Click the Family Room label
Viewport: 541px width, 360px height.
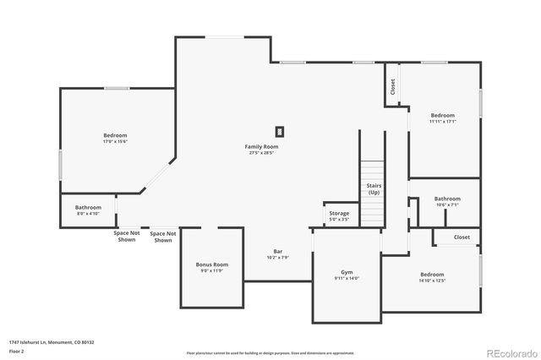click(x=261, y=146)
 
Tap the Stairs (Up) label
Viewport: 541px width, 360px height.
click(x=373, y=189)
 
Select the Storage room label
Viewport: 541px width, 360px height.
click(x=339, y=213)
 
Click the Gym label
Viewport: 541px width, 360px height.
click(x=347, y=271)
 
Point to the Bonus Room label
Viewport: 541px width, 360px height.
click(x=212, y=265)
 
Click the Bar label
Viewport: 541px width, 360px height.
click(x=277, y=251)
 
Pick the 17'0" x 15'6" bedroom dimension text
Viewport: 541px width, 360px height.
click(x=115, y=141)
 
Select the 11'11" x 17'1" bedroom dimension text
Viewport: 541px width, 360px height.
click(x=442, y=121)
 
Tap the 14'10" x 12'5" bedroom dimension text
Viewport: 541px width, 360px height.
click(x=432, y=281)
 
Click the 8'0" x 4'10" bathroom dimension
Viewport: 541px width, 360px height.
click(x=88, y=214)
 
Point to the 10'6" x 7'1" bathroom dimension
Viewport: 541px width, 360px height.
click(x=447, y=205)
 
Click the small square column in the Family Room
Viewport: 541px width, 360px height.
click(x=279, y=131)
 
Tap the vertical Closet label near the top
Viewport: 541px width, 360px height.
click(x=392, y=86)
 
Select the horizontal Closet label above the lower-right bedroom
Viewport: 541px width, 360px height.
click(x=462, y=237)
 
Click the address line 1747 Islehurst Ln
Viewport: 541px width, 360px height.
click(x=52, y=342)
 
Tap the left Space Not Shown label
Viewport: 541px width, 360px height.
click(x=126, y=236)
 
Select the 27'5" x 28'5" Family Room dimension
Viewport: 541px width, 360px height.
click(x=261, y=153)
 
